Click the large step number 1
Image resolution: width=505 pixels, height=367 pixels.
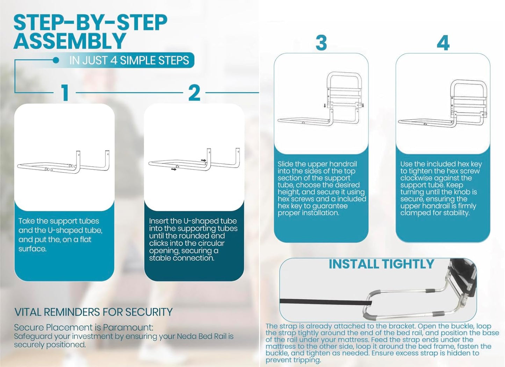[x=65, y=93]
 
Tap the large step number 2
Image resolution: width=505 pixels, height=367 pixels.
[x=194, y=93]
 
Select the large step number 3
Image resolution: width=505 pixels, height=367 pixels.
[x=321, y=43]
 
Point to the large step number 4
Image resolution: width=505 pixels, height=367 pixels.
[x=443, y=43]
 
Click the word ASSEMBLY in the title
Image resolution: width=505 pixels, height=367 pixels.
[x=70, y=41]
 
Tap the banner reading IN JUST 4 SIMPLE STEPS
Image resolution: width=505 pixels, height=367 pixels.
[x=129, y=61]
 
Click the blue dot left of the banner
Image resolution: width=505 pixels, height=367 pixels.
[x=56, y=60]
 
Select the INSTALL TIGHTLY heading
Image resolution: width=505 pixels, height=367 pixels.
[x=381, y=264]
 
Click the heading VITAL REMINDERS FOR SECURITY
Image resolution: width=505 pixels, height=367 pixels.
[x=93, y=312]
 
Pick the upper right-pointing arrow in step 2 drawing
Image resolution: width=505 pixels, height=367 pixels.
[x=203, y=161]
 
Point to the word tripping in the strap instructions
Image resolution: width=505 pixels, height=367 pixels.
[x=307, y=360]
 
